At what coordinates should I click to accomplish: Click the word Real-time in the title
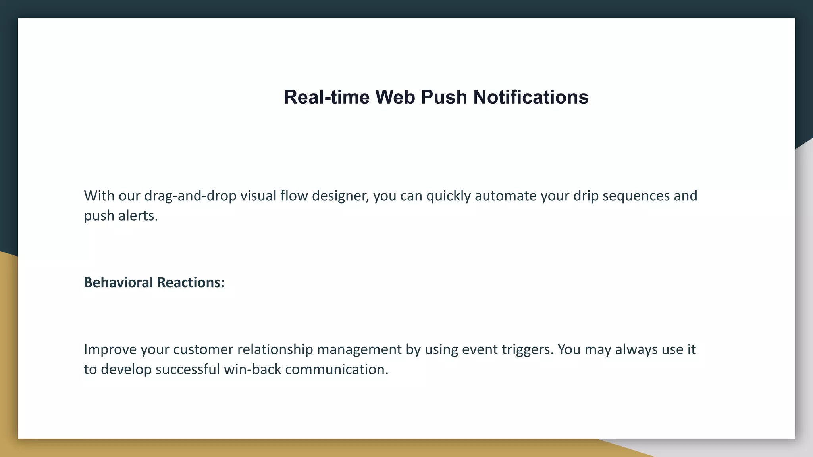(x=326, y=97)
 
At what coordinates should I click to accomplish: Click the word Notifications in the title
(x=530, y=97)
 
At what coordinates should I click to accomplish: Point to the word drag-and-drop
(x=190, y=196)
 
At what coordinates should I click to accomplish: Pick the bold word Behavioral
(x=118, y=282)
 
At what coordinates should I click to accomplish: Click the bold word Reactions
(x=191, y=282)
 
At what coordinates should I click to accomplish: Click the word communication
(x=336, y=369)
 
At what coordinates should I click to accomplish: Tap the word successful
(x=187, y=369)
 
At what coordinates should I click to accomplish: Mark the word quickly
(x=448, y=196)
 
